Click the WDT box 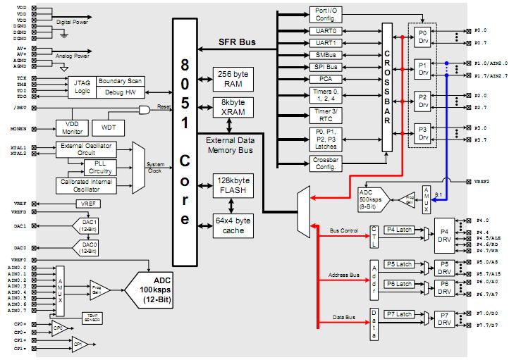(x=109, y=128)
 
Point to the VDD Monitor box (x=72, y=128)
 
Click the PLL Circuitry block (x=102, y=166)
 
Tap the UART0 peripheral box (x=326, y=31)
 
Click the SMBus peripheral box (x=326, y=54)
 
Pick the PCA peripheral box (x=326, y=79)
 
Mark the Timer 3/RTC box (x=326, y=115)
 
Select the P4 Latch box (x=399, y=229)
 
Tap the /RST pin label (x=18, y=107)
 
